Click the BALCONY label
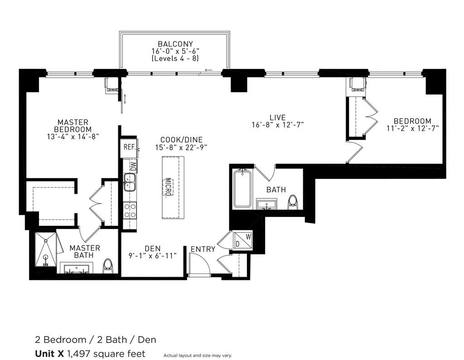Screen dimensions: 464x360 [x=175, y=44]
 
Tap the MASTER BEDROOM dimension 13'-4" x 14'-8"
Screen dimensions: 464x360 [x=73, y=137]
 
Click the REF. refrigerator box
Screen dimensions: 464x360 [x=129, y=147]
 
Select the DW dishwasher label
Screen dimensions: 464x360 [x=134, y=166]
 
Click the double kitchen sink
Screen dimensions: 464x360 [x=130, y=182]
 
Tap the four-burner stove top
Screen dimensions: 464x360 [x=130, y=211]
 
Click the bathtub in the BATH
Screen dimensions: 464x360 [x=242, y=188]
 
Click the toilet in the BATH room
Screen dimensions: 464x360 [x=293, y=202]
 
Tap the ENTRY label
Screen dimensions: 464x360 [x=203, y=249]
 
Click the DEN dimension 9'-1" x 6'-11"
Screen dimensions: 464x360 [x=152, y=255]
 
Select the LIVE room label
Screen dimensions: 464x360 [x=278, y=117]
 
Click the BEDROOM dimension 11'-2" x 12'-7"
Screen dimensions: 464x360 [x=412, y=129]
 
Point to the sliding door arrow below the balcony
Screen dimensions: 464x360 [x=208, y=70]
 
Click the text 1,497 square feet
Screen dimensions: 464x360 [x=106, y=354]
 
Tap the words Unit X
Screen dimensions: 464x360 [x=49, y=354]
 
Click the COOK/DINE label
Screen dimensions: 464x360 [x=181, y=139]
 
